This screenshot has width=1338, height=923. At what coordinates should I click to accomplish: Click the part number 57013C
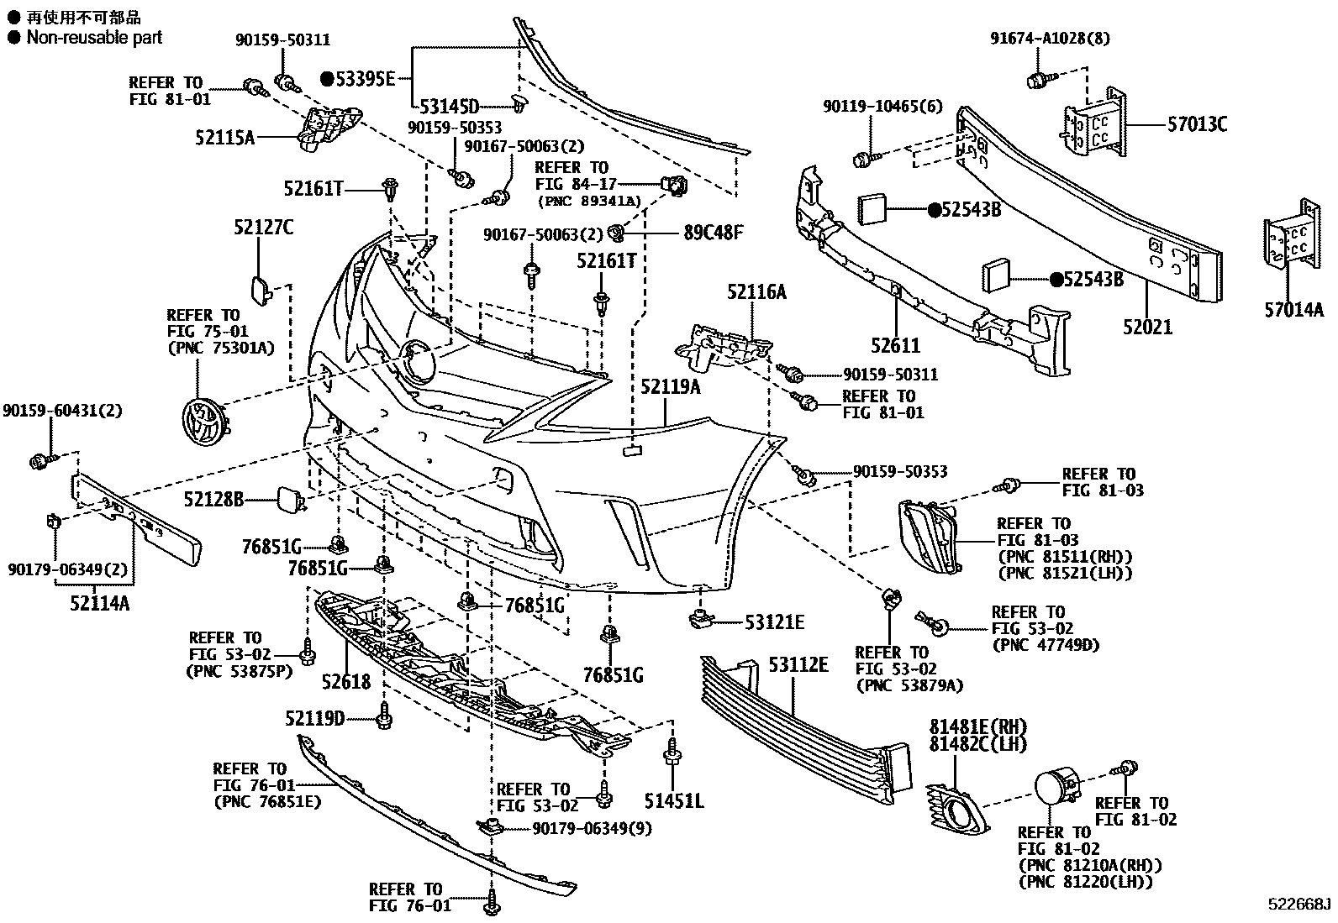1196,125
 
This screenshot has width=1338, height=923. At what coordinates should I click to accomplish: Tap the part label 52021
1147,327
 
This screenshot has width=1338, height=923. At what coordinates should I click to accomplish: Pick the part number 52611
896,345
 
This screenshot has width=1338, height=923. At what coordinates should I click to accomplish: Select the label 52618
346,682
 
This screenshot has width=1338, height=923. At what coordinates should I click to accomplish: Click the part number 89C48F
714,232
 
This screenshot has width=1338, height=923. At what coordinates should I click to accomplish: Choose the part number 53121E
774,622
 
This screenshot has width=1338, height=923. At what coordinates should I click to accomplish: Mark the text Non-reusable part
94,37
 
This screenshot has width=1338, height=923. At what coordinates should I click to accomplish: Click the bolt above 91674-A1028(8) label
1035,80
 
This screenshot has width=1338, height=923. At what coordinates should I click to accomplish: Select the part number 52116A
757,291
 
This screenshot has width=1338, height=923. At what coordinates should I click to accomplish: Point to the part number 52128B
213,501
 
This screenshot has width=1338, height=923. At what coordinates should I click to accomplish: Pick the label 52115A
224,138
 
